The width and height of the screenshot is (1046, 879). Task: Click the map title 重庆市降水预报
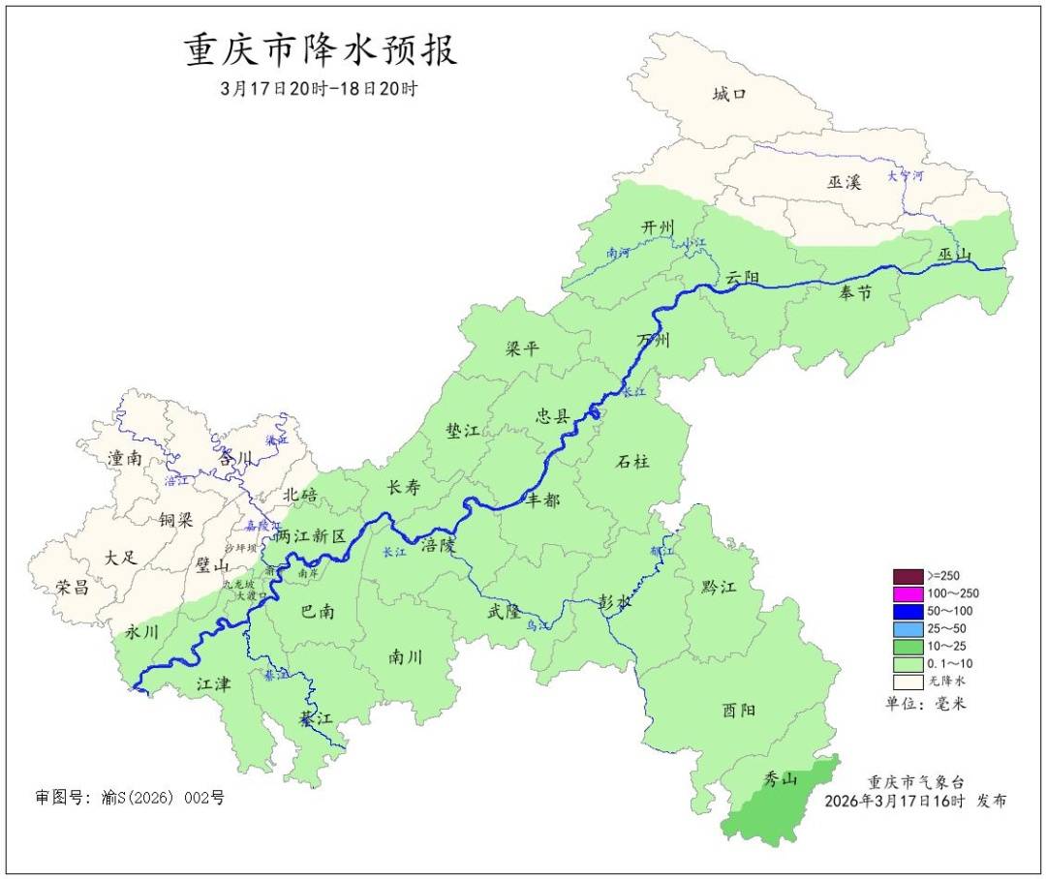click(320, 50)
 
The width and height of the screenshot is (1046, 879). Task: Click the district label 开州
click(657, 227)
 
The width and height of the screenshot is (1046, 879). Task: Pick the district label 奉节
click(854, 293)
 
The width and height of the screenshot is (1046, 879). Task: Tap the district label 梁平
click(522, 349)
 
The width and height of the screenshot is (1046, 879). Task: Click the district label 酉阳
click(738, 710)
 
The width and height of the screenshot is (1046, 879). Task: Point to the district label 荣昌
click(73, 587)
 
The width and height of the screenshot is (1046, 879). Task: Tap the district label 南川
click(405, 656)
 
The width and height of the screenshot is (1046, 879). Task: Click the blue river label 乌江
click(537, 626)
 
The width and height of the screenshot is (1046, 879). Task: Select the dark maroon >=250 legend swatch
click(908, 575)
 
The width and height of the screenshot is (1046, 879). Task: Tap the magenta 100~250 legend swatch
click(908, 592)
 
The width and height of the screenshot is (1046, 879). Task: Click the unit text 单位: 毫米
click(925, 703)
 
